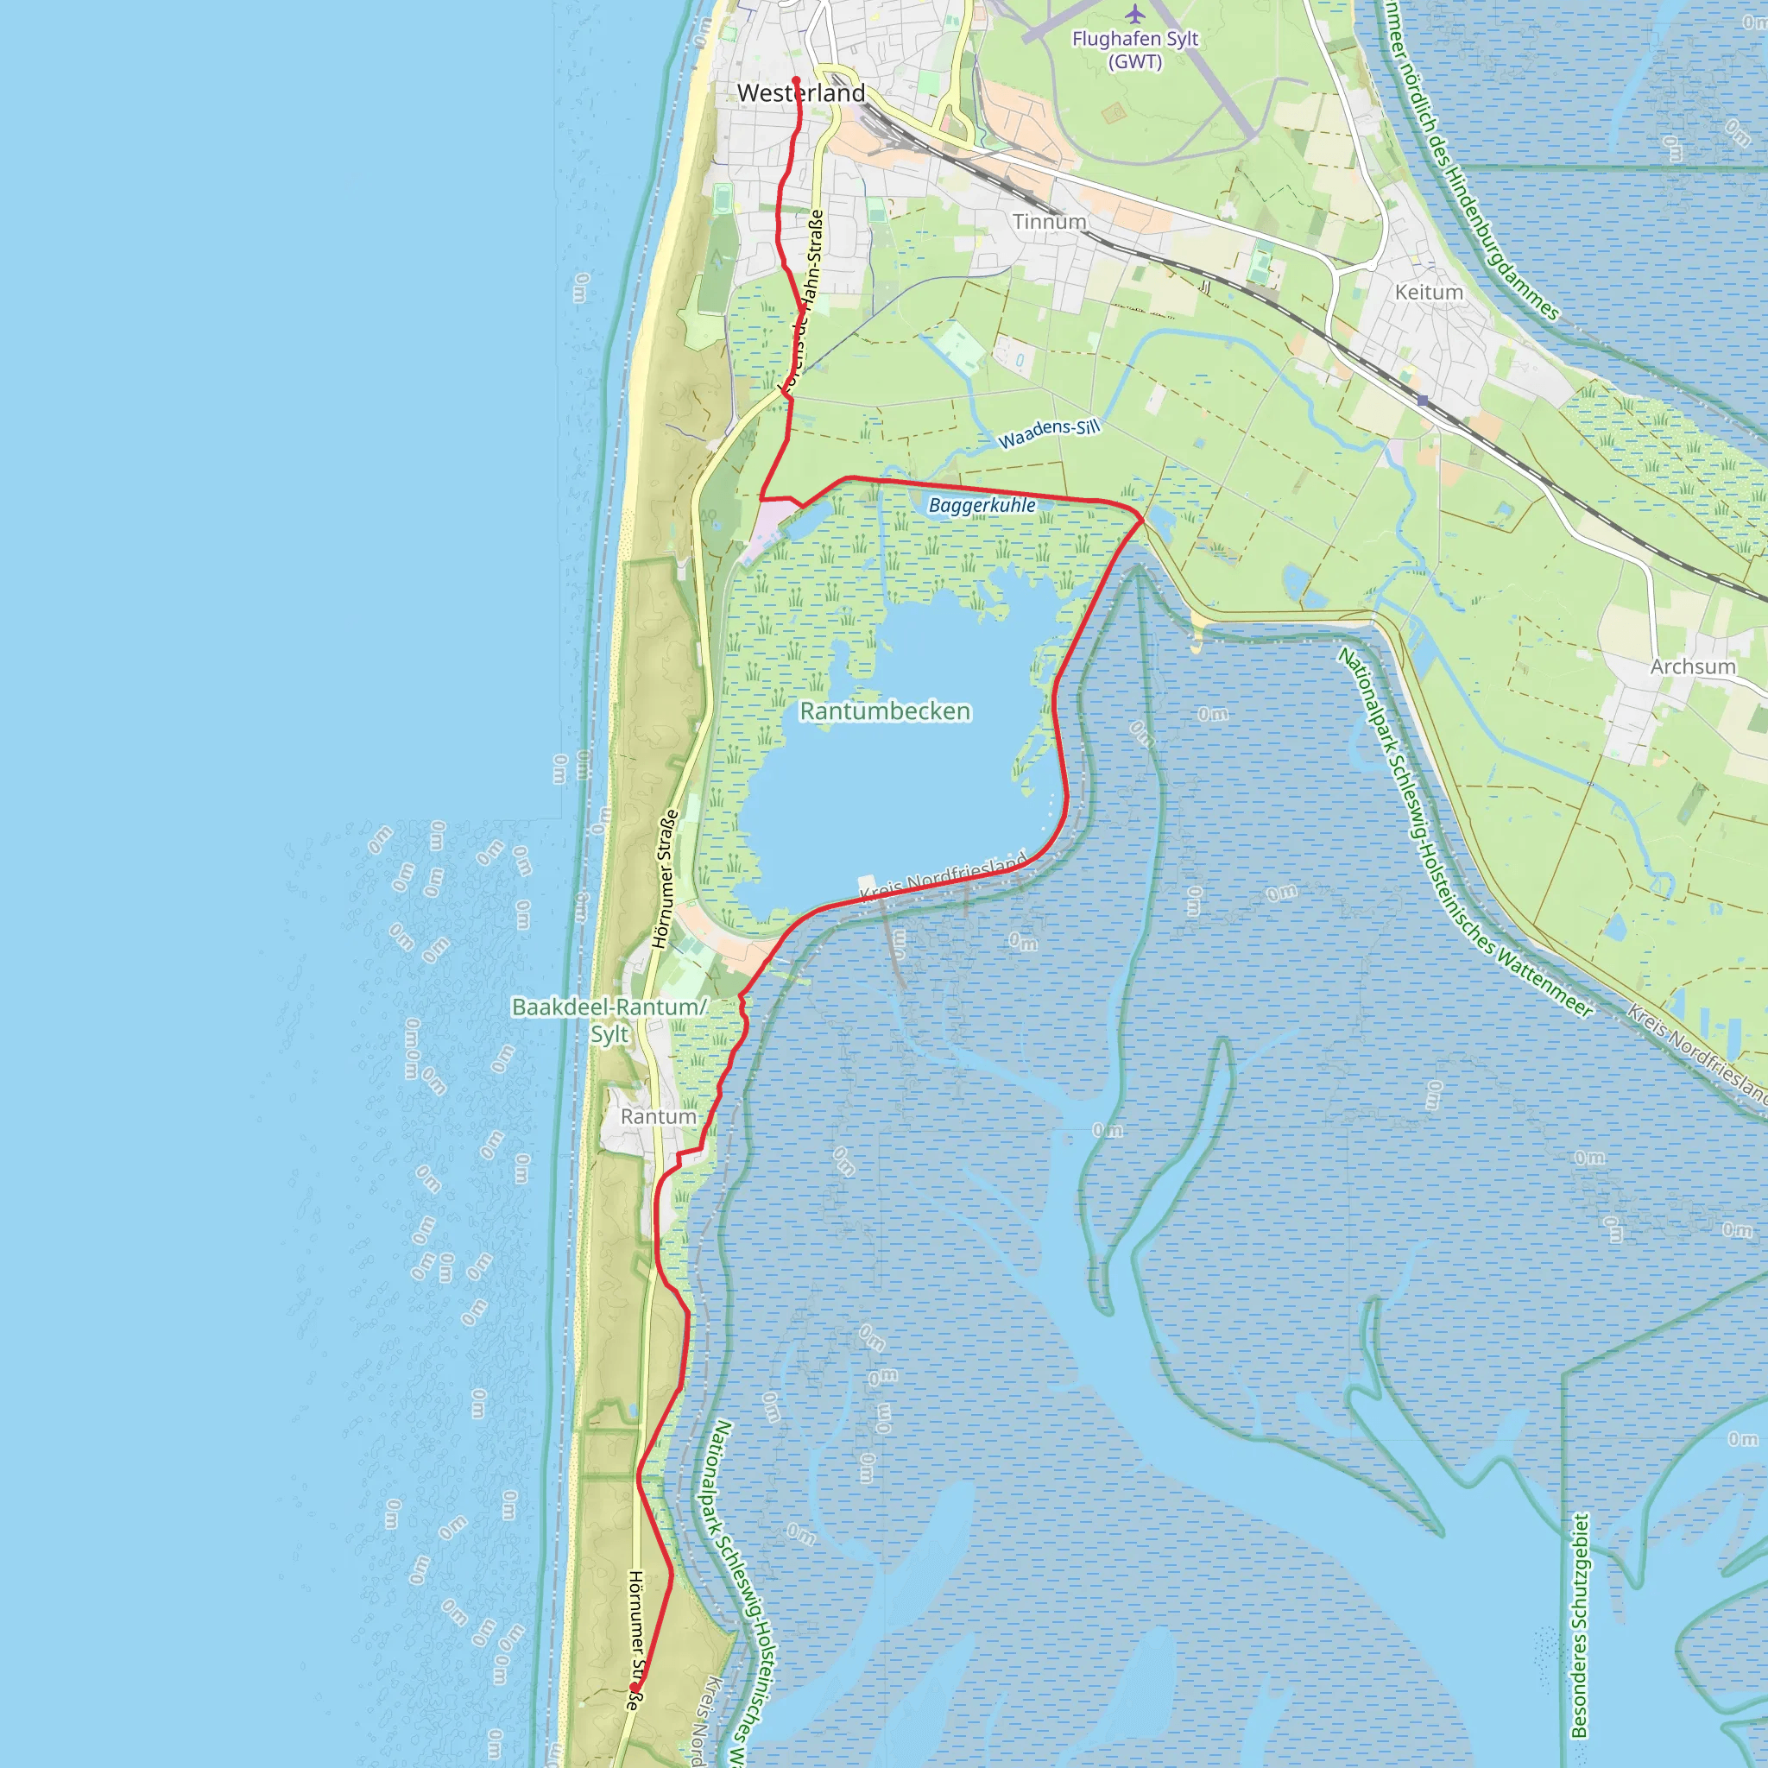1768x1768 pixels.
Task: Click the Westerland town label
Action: point(801,93)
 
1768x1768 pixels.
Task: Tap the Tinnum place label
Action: point(1050,223)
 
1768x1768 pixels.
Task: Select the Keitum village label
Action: point(1429,293)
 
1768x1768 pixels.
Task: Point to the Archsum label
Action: point(1692,667)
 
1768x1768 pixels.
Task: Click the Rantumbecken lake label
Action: point(885,711)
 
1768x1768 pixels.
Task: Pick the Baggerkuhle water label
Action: point(982,505)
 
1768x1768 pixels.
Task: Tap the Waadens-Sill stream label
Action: point(1049,433)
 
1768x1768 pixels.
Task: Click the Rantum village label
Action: point(658,1117)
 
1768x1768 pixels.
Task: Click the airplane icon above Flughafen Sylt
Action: point(1134,15)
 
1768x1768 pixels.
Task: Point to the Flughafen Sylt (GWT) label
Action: point(1134,50)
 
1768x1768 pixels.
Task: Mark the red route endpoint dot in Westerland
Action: point(796,80)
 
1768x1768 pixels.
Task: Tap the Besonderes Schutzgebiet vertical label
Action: point(1579,1626)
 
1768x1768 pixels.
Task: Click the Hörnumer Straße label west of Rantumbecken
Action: point(666,879)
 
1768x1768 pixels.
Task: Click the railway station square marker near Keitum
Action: point(1422,401)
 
